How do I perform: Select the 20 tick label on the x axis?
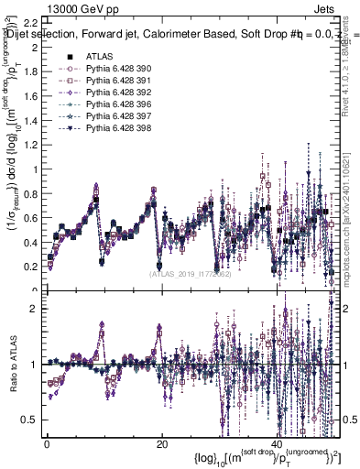162,444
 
